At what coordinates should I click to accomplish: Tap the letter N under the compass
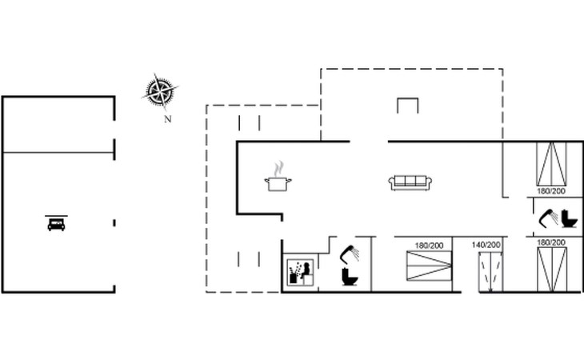pyautogui.click(x=167, y=120)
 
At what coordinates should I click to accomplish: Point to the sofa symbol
pyautogui.click(x=410, y=182)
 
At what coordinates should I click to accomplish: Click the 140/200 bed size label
pyautogui.click(x=486, y=244)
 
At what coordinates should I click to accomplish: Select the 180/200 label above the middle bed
pyautogui.click(x=429, y=244)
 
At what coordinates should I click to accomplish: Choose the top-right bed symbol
pyautogui.click(x=553, y=163)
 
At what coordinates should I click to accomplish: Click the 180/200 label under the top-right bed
pyautogui.click(x=552, y=191)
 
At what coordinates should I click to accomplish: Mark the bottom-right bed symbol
pyautogui.click(x=553, y=268)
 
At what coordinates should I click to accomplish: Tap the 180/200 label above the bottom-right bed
pyautogui.click(x=552, y=242)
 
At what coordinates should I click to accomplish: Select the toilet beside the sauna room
pyautogui.click(x=350, y=276)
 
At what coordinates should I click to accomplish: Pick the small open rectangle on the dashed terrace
pyautogui.click(x=407, y=106)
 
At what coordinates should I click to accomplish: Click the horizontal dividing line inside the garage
pyautogui.click(x=58, y=151)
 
